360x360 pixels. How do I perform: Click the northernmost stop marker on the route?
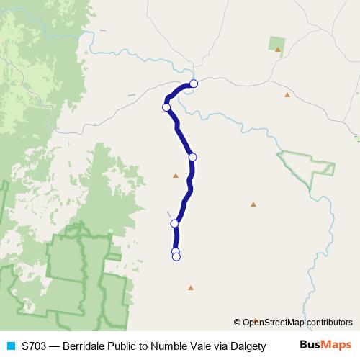tap(193, 84)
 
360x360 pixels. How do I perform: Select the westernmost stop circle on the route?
tap(166, 107)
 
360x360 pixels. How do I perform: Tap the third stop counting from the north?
tap(192, 157)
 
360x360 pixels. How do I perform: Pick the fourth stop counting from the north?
tap(174, 224)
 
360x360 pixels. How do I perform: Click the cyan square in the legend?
tap(10, 346)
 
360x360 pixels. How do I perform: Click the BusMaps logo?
tap(325, 346)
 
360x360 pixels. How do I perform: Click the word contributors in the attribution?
tap(329, 323)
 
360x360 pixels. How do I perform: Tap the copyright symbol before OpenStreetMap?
tap(238, 323)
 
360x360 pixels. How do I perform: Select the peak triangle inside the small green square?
tap(278, 50)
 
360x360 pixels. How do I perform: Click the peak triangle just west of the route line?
tap(175, 175)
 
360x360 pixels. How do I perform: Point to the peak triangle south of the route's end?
tap(190, 288)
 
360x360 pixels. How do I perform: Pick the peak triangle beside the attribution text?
tap(256, 320)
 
